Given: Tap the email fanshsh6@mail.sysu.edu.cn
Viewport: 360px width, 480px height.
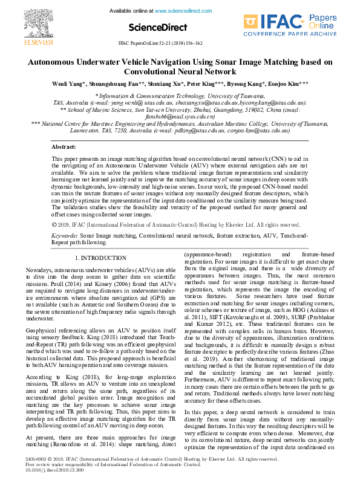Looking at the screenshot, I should [180, 117].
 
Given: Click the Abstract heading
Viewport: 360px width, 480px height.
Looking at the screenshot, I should [64, 147].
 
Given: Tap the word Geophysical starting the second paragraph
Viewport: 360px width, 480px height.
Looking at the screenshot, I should [42, 331].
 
